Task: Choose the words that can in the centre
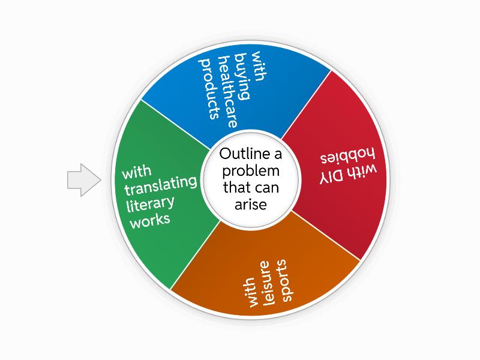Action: coord(251,188)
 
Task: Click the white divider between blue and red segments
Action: coord(306,101)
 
